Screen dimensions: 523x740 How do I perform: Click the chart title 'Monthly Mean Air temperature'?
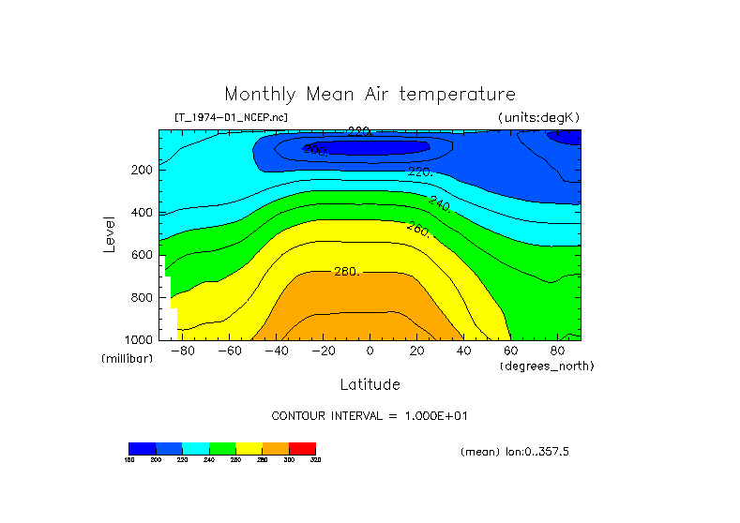[370, 95]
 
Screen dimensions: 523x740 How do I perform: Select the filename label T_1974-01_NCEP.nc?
[231, 117]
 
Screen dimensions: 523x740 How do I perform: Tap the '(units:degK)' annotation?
[539, 117]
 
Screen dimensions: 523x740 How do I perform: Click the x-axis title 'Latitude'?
[370, 384]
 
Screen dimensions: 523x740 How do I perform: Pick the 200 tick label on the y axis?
[143, 170]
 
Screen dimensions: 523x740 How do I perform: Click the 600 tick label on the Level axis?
[143, 255]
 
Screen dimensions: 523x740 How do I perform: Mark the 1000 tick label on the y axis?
[139, 339]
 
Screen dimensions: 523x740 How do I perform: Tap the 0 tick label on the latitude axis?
[370, 351]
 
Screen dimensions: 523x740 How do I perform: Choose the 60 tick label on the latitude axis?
[510, 351]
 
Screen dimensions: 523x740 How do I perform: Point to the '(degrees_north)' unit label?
[547, 366]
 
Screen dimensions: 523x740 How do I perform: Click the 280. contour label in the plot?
[347, 272]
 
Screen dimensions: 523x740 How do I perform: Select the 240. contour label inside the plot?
[440, 202]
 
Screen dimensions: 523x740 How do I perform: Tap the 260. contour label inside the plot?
[418, 228]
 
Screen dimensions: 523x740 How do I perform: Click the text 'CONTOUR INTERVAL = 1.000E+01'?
[370, 415]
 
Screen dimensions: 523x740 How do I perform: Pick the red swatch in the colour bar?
[302, 448]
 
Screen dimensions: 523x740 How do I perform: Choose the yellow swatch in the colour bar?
[249, 448]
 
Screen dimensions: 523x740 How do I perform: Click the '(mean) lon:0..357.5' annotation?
[515, 452]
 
